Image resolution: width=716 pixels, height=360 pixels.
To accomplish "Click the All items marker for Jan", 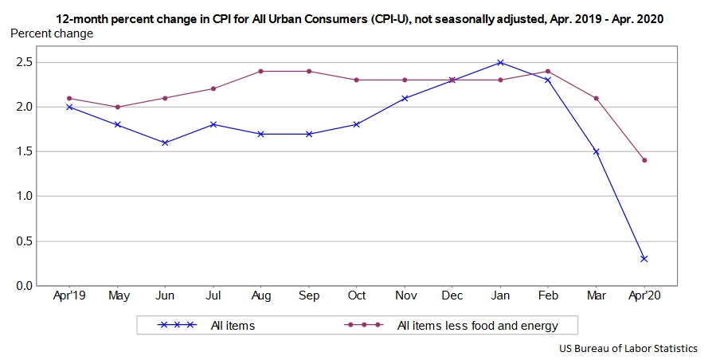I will coord(500,62).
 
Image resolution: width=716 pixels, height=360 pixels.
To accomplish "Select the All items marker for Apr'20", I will coord(644,259).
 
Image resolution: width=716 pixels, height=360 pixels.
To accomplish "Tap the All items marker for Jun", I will coord(165,143).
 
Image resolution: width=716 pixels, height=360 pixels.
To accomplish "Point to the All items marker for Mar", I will coord(596,151).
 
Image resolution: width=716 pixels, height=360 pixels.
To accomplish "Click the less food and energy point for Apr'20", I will coord(644,160).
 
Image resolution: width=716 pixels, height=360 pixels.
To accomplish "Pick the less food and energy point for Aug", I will coord(260,71).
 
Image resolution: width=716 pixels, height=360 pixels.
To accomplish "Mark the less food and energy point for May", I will coord(117,107).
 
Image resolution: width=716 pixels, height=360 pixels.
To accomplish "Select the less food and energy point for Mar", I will coord(596,98).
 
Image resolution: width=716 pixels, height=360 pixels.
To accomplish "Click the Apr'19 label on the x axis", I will coord(69,296).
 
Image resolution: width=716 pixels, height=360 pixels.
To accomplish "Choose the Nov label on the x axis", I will coord(405,296).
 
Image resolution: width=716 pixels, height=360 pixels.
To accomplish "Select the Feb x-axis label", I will coord(548,296).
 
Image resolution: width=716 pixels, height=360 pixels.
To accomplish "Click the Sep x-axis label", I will coord(308,296).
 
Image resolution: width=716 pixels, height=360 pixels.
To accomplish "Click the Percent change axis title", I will coord(51,33).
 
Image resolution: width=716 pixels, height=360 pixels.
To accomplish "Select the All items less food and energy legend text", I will coord(477,325).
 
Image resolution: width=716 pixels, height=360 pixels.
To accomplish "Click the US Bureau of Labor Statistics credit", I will coord(628,348).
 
